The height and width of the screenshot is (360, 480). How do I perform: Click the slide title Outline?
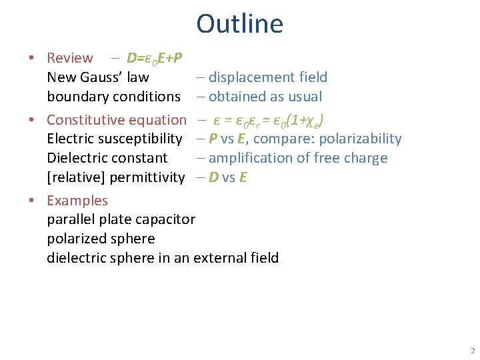(239, 23)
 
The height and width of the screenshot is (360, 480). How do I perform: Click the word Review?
(70, 58)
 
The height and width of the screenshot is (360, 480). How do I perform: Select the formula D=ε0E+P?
(155, 58)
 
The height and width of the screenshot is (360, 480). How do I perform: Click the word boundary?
(77, 97)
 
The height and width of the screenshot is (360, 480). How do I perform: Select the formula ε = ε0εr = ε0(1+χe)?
(269, 121)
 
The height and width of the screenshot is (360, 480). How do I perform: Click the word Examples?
(77, 201)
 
